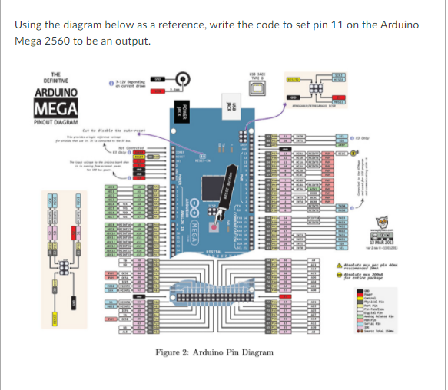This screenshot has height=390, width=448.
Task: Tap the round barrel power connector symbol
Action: pyautogui.click(x=184, y=79)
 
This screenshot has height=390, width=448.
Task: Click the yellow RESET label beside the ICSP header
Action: pyautogui.click(x=293, y=79)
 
